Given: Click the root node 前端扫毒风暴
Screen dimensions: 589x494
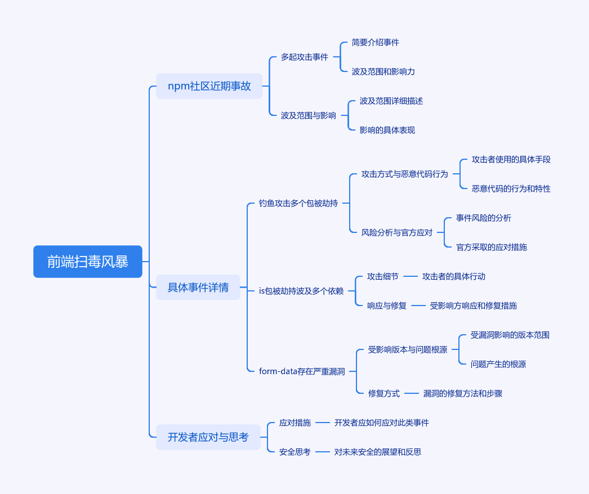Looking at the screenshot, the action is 87,262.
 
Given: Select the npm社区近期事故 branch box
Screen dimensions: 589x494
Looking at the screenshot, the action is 209,86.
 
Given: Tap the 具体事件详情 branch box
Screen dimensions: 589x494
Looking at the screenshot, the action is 198,287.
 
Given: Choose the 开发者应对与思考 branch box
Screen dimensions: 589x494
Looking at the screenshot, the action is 208,437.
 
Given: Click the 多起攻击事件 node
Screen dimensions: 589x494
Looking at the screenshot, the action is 305,57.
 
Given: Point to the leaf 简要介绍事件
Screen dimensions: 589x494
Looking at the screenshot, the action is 375,42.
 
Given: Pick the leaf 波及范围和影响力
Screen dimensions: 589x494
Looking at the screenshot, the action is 383,71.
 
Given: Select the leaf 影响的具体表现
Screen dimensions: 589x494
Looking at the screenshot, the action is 387,131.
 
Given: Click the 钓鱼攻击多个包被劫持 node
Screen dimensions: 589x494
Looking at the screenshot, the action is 298,203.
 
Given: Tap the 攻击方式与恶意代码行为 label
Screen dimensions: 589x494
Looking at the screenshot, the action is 404,174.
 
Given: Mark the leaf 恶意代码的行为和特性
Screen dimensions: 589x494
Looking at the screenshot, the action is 511,188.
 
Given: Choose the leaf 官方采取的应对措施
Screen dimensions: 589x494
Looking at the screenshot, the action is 492,247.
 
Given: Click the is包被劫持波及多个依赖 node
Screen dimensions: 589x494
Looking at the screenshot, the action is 301,291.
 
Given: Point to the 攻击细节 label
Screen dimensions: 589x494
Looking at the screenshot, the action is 383,276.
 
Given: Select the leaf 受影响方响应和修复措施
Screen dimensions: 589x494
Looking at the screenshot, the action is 474,306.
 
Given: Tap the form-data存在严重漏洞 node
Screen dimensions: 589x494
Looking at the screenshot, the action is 302,371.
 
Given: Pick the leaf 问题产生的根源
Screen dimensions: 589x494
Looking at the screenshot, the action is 498,364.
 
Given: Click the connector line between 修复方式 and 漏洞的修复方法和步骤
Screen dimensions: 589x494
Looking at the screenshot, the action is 411,393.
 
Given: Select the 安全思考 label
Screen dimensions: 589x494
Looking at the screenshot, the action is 295,452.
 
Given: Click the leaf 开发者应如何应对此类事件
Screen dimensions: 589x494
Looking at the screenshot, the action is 382,423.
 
